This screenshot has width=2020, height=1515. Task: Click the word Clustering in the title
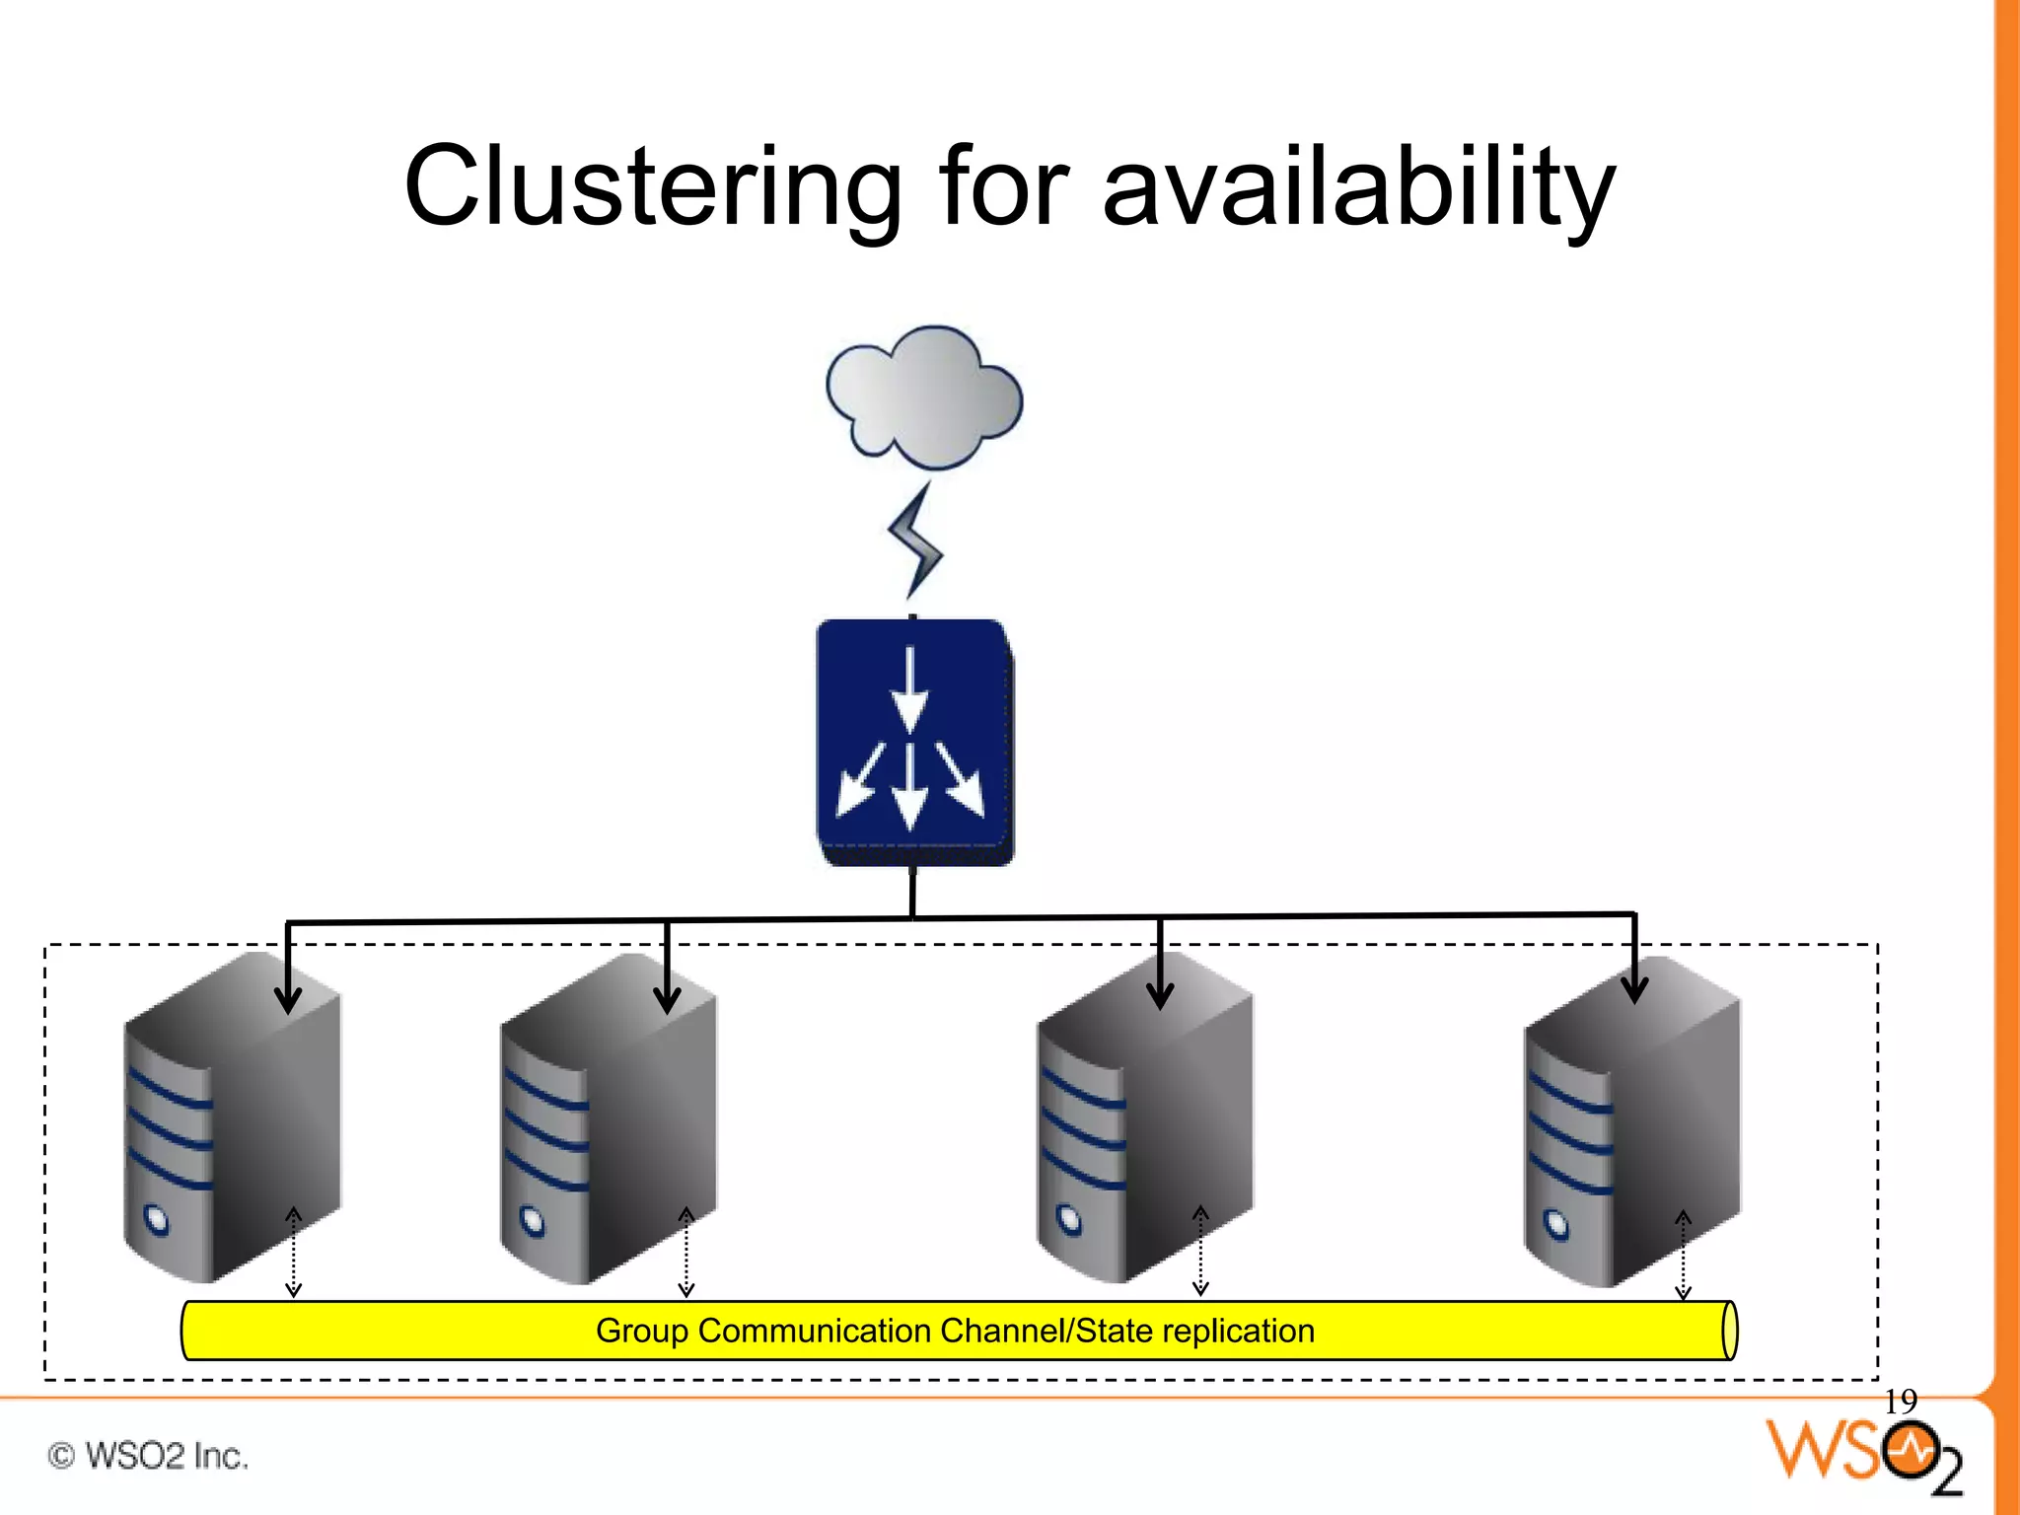tap(652, 187)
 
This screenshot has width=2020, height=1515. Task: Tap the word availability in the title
tap(1358, 187)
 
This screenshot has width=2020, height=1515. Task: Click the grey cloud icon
tap(924, 397)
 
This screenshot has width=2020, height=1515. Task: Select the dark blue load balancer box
tap(913, 742)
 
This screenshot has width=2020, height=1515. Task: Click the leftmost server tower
tap(233, 1119)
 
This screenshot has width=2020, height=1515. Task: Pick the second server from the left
tap(609, 1119)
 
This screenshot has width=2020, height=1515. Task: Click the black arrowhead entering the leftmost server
tap(288, 998)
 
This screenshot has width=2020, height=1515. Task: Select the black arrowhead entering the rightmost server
tap(1634, 989)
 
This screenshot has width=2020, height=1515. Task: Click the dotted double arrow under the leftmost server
tap(293, 1251)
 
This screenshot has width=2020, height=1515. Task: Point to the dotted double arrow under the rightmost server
tap(1684, 1256)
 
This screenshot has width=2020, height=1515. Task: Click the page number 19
tap(1900, 1402)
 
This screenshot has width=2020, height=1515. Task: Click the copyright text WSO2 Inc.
tap(148, 1456)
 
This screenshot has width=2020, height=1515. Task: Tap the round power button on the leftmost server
tap(157, 1221)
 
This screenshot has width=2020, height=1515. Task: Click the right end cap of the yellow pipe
tap(1729, 1331)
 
